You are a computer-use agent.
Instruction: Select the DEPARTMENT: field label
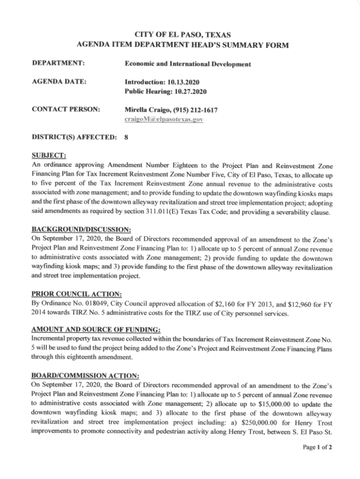click(x=58, y=63)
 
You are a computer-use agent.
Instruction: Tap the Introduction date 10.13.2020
click(x=188, y=82)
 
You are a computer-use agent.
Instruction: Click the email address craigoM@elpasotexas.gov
click(x=164, y=119)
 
